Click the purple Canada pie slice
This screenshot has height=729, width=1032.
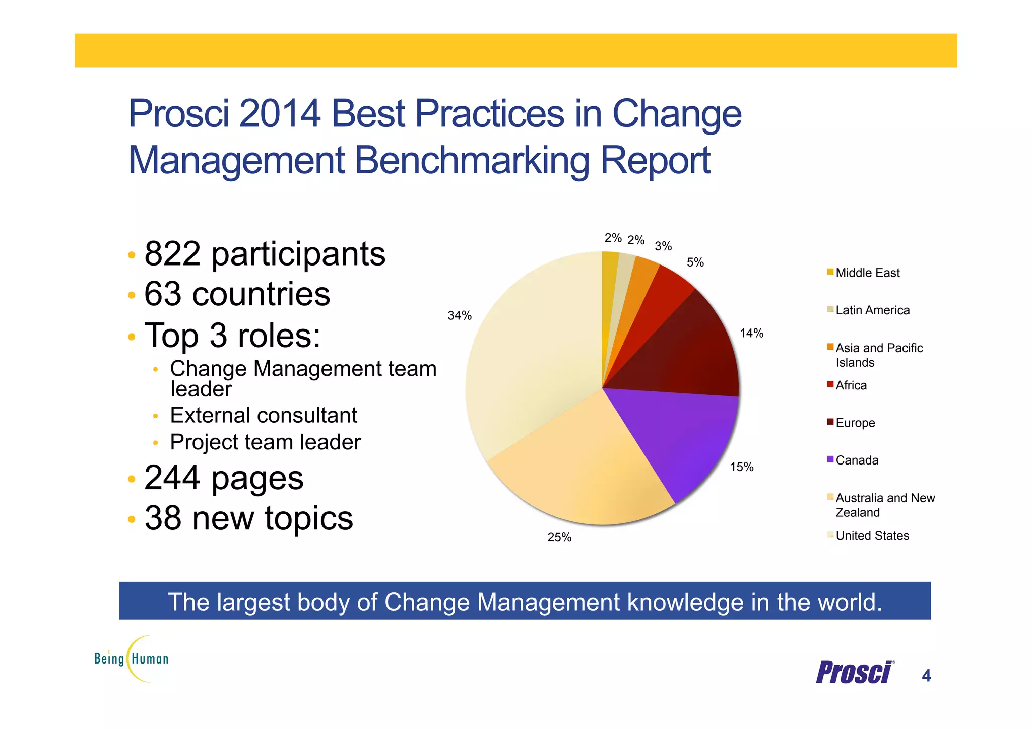tap(675, 438)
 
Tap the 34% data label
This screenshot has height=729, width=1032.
tap(460, 316)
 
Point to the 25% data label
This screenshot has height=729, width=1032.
tap(559, 537)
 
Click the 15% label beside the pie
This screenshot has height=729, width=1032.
tap(742, 467)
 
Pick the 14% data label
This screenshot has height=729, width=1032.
tap(751, 333)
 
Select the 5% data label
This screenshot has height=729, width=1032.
tap(695, 262)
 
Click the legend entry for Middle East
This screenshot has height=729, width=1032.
tap(867, 273)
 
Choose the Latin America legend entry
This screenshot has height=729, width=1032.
tap(872, 310)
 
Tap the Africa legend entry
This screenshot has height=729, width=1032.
tap(851, 385)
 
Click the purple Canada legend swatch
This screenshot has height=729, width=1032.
tap(830, 459)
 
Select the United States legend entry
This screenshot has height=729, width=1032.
tap(872, 536)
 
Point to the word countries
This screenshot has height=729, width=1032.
tap(261, 294)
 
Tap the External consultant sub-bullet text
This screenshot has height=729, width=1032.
tap(264, 415)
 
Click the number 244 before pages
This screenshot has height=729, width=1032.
tap(173, 477)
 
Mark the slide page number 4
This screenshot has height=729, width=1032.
tap(926, 675)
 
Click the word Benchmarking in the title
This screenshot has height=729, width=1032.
tap(473, 160)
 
